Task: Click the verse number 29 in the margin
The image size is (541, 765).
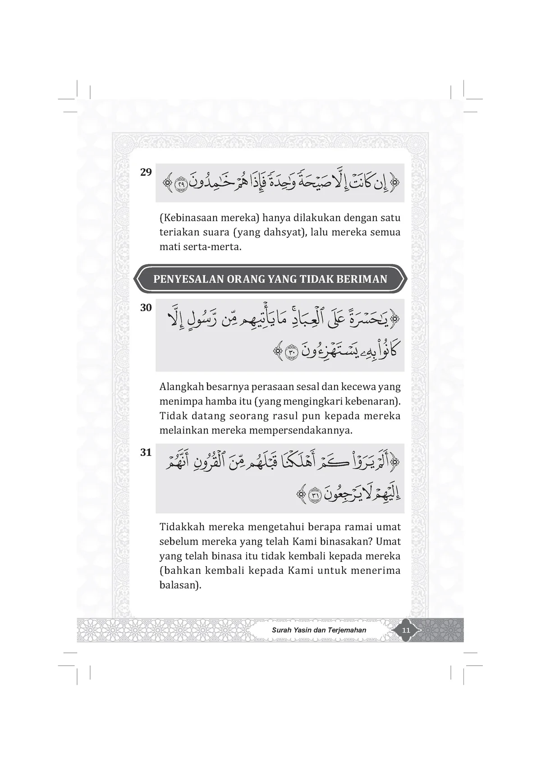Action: tap(146, 172)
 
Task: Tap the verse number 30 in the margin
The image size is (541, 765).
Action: tap(146, 308)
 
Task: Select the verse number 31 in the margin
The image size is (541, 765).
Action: tap(146, 452)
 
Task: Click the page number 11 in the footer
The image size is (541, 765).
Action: tap(406, 630)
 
